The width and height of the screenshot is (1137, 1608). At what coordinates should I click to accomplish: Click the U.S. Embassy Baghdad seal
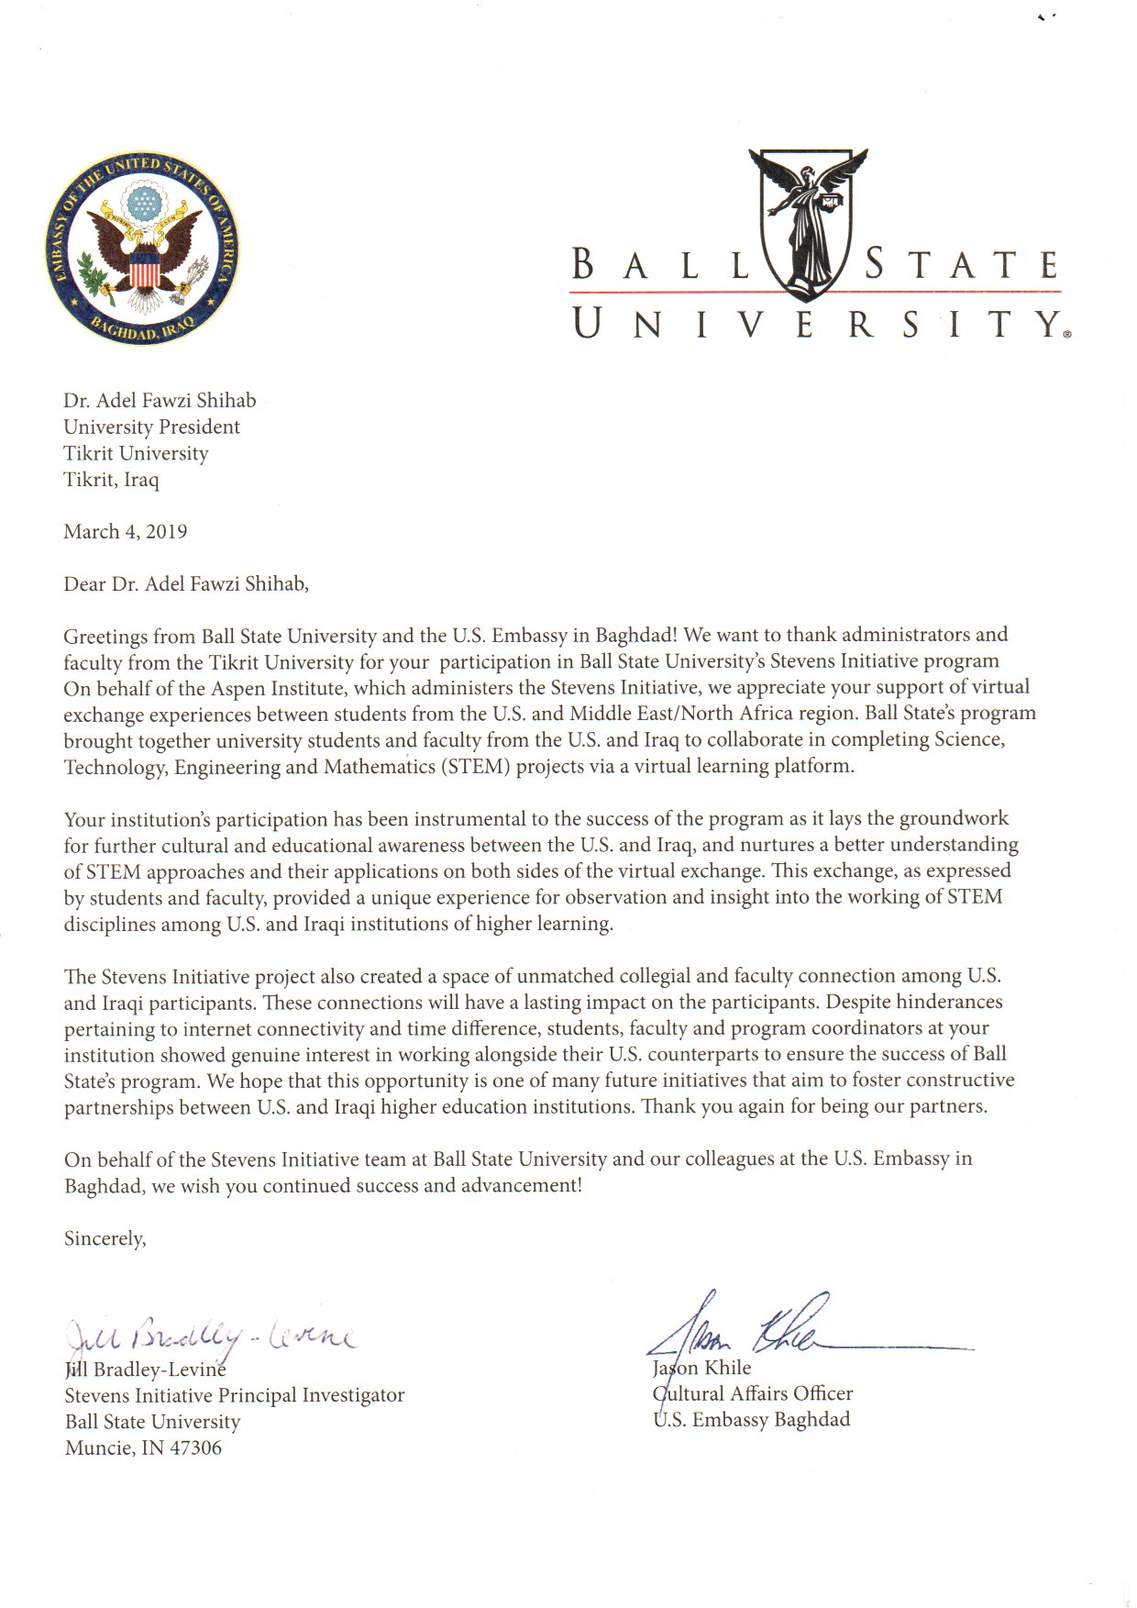[145, 250]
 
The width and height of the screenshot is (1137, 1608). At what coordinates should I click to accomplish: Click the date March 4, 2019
[126, 532]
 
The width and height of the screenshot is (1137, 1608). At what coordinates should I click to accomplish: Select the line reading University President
[151, 427]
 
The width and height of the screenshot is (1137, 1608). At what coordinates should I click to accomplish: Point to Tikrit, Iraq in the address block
[111, 480]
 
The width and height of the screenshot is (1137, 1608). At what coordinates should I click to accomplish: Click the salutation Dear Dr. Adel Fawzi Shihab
[186, 584]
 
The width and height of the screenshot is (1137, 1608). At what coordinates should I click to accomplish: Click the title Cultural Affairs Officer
[753, 1394]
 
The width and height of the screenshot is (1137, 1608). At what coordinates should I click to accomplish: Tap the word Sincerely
[105, 1239]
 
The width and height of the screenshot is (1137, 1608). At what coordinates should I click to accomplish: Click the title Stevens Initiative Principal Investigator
[235, 1395]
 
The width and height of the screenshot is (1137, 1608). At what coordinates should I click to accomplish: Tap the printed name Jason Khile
[701, 1368]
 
